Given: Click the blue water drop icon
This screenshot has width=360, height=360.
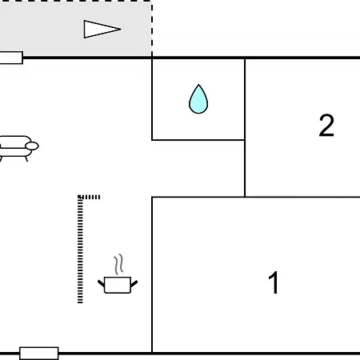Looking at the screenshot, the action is click(198, 99).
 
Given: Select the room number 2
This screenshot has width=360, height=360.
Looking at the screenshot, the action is click(326, 126).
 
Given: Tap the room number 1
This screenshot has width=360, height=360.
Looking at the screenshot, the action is click(274, 282).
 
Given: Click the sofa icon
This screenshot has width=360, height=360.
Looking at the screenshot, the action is click(18, 148).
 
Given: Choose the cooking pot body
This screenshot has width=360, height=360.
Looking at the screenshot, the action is click(118, 285).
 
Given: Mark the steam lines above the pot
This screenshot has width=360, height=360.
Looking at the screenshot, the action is click(119, 264).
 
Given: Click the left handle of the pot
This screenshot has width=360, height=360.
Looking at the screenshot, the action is click(101, 283).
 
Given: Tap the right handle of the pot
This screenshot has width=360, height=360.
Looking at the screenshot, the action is click(134, 284).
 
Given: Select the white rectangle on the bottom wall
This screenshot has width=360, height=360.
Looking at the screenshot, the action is click(39, 354).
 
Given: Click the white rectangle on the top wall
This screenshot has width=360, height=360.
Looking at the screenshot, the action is click(11, 58).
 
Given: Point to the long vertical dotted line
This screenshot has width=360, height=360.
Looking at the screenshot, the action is click(80, 250).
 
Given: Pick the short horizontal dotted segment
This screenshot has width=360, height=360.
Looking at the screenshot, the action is click(90, 197).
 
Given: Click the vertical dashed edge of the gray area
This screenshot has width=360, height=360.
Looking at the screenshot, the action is click(152, 29).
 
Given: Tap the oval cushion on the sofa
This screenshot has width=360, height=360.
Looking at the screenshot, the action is click(32, 146).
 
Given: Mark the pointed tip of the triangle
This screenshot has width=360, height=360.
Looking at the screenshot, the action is click(122, 29).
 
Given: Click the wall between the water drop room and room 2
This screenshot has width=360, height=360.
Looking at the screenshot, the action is click(245, 99).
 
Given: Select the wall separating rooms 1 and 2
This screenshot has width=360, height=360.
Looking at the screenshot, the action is click(302, 197).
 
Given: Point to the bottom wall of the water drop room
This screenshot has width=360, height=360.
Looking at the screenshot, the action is click(198, 140).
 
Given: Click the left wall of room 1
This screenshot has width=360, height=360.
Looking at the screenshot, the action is click(152, 274).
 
